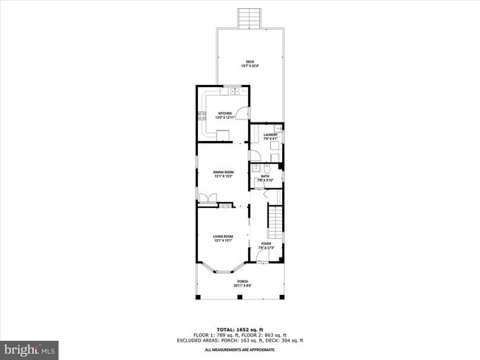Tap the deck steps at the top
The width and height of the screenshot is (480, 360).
249,17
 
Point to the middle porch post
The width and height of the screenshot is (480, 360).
240,297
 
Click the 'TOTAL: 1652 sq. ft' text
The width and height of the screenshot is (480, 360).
240,328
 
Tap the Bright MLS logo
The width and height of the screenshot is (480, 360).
30,347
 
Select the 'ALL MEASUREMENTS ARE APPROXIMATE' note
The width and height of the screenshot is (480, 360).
240,349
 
